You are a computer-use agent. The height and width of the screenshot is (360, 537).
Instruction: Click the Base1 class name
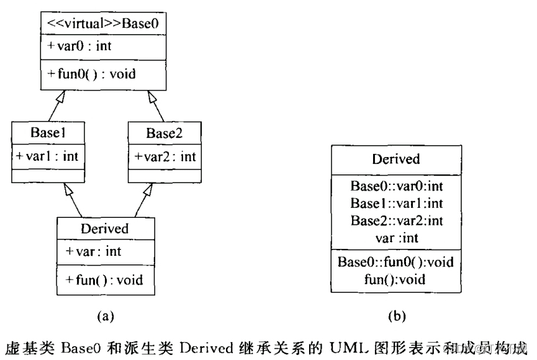point(48,132)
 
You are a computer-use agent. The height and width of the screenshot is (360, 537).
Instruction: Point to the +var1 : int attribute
point(48,156)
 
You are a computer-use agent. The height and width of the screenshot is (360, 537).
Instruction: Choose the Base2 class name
point(165,132)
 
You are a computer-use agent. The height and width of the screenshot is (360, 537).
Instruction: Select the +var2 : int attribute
point(165,156)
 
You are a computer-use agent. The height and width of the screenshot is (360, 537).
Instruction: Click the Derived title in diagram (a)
point(104,228)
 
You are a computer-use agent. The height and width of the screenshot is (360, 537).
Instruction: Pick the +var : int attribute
point(94,252)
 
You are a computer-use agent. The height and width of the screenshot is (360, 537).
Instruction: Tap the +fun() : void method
point(104,279)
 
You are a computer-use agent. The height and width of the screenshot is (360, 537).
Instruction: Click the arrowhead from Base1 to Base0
point(60,96)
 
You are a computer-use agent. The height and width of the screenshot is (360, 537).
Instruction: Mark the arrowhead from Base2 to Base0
point(150,96)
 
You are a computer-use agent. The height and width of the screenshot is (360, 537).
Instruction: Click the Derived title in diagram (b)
point(395,159)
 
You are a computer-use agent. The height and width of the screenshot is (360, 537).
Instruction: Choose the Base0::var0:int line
point(395,186)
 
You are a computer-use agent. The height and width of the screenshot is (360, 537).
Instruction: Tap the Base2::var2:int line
point(395,220)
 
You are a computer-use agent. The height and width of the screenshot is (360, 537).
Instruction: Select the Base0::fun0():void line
point(395,262)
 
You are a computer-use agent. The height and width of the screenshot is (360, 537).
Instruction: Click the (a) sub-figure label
point(104,317)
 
